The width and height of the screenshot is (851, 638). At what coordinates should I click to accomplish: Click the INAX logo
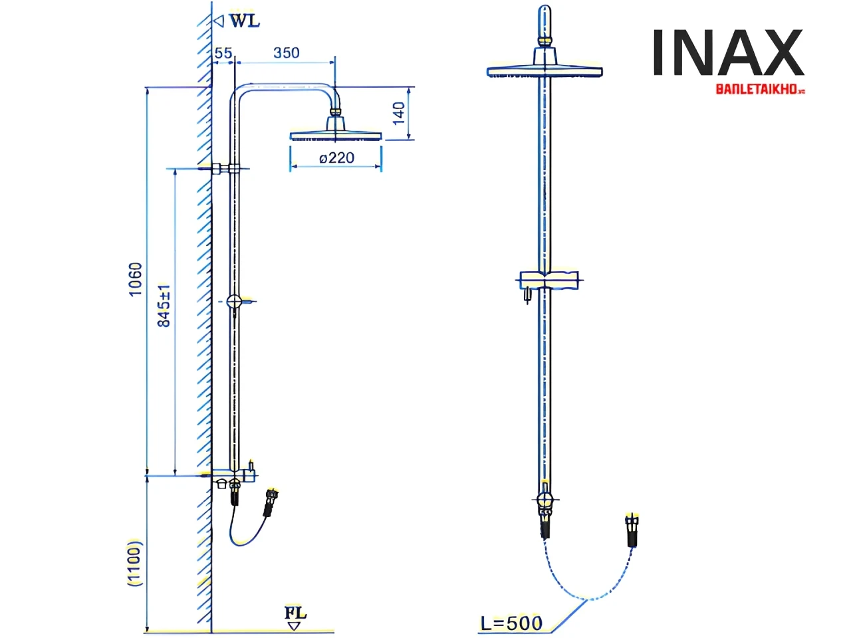(728, 53)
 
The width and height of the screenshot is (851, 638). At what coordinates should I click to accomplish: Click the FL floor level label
(296, 612)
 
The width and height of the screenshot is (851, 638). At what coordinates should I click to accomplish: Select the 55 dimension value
(223, 53)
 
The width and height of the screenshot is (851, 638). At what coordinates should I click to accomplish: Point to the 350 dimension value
(287, 53)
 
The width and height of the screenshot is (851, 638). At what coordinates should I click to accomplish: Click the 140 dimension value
(399, 113)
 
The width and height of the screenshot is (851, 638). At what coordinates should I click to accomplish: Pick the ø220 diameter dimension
(336, 158)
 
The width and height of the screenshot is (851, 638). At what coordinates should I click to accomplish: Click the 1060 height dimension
(136, 279)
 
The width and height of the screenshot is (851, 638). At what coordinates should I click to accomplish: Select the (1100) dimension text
(135, 563)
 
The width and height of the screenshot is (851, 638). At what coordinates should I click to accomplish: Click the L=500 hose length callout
(511, 623)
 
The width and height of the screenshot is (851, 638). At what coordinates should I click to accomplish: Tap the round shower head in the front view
(545, 69)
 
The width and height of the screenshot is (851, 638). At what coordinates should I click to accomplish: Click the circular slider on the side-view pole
(235, 302)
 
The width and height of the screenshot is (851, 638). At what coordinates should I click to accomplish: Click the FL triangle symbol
(294, 625)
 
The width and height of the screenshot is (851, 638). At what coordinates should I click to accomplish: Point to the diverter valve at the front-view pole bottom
(545, 502)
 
